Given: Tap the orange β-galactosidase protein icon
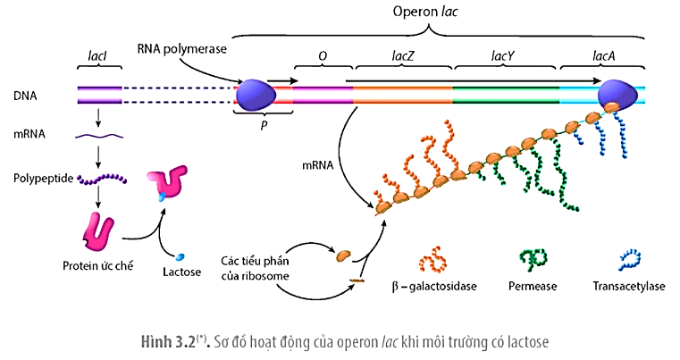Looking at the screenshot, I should pos(432,259).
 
